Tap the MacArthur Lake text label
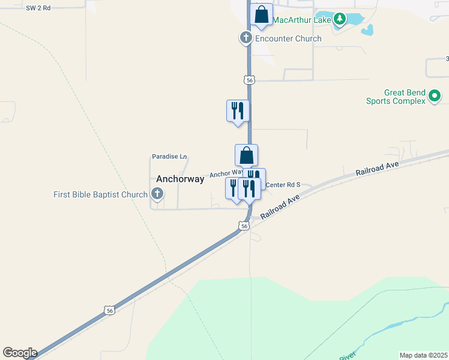point(301,20)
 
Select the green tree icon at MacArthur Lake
point(340,19)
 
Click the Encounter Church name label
point(288,38)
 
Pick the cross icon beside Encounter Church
point(246,38)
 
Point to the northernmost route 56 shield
point(249,79)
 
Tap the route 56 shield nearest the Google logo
point(108,310)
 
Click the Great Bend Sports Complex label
point(396,97)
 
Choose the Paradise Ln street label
point(165,157)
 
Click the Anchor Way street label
point(226,174)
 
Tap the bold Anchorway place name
point(180,179)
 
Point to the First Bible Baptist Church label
point(100,194)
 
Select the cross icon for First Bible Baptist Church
point(157,194)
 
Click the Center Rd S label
point(282,185)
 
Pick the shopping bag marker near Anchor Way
point(246,155)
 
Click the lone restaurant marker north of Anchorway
point(238,110)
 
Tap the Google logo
point(20,353)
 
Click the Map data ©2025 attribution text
point(423,355)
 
